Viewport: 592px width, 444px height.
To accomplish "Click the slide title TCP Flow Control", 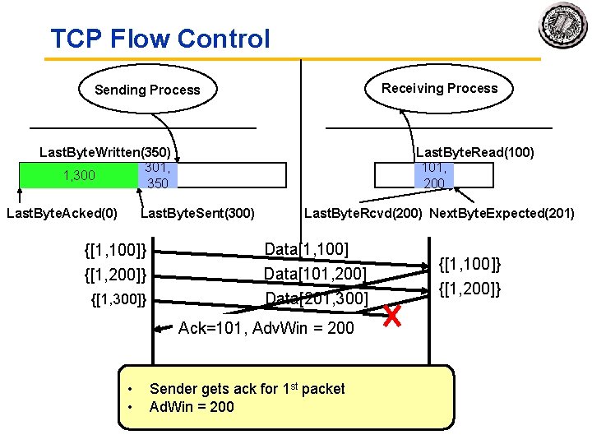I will pyautogui.click(x=160, y=39).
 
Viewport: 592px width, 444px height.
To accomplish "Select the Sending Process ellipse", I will pyautogui.click(x=147, y=90).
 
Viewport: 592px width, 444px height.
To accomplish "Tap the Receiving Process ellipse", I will pyautogui.click(x=439, y=88).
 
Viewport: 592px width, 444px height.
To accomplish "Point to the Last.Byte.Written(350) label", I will pyautogui.click(x=105, y=152).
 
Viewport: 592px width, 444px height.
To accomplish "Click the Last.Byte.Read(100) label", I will pyautogui.click(x=475, y=152).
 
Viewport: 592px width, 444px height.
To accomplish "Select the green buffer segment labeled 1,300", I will pyautogui.click(x=79, y=175).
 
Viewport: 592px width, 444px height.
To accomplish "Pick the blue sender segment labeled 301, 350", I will pyautogui.click(x=157, y=175).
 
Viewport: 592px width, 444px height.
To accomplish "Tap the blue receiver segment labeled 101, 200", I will pyautogui.click(x=433, y=175).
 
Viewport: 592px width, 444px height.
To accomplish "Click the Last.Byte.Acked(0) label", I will pyautogui.click(x=62, y=214).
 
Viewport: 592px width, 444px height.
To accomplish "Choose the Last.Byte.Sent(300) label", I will pyautogui.click(x=198, y=214).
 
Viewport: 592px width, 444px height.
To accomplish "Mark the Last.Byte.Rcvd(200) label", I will pyautogui.click(x=363, y=214).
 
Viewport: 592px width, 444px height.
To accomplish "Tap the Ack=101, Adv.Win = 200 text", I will pyautogui.click(x=266, y=328).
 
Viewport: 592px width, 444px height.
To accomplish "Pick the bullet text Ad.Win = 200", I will pyautogui.click(x=192, y=407).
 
